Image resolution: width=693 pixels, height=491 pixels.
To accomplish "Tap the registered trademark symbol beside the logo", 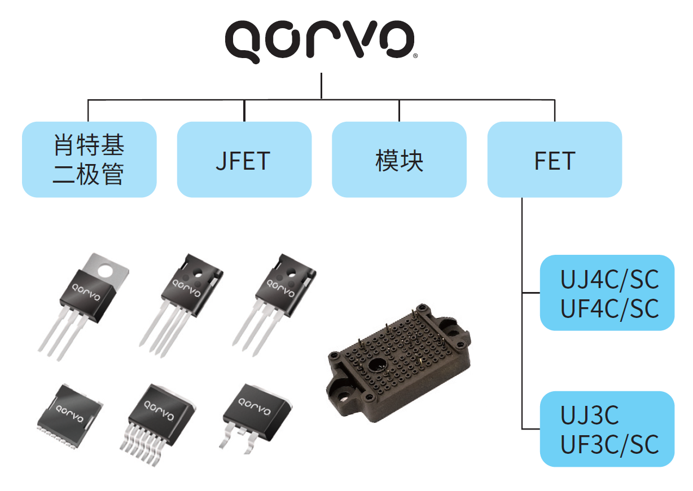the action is tap(415, 56).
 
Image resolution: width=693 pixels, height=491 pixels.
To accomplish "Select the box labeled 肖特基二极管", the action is tap(89, 160).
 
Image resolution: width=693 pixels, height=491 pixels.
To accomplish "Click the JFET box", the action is tap(244, 160).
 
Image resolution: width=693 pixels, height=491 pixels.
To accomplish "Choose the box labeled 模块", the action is tap(399, 160).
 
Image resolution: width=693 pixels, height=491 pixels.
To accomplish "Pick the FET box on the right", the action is tap(555, 160).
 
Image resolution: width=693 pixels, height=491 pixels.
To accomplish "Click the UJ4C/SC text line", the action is tap(609, 280).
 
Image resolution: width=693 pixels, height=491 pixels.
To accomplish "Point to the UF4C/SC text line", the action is tap(609, 309).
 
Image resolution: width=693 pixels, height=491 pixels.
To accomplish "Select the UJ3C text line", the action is tap(589, 415).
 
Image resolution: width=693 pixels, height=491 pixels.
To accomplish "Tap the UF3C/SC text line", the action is tap(609, 445).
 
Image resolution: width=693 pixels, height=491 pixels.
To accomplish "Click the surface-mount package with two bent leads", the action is tap(256, 417).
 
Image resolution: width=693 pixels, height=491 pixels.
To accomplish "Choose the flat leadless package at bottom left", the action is tap(70, 416).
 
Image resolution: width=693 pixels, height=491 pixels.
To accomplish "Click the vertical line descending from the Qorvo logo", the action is tap(322, 86).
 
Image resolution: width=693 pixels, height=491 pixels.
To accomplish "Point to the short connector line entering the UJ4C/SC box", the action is tap(531, 293).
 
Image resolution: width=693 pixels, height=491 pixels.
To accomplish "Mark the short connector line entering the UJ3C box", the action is tap(531, 429).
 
